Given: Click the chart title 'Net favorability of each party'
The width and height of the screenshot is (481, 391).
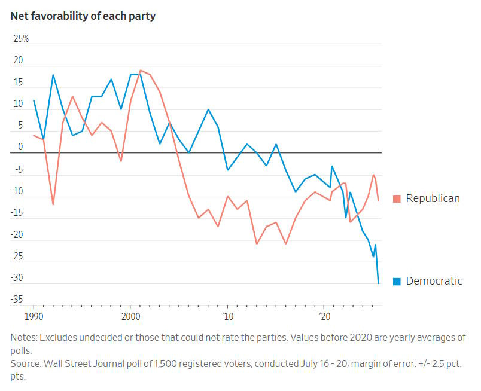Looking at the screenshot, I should coord(83,16).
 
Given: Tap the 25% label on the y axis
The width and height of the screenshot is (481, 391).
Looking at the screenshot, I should coord(22,39).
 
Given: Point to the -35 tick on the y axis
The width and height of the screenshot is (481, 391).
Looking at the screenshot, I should coord(18,300).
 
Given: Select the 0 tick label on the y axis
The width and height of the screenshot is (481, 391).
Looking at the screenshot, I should coord(20,147).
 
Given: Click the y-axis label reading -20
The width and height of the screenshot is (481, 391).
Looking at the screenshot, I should coord(18,234).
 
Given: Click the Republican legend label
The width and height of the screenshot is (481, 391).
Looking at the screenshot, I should coord(433,198).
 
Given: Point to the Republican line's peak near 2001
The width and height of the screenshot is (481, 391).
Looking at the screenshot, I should coord(140,71).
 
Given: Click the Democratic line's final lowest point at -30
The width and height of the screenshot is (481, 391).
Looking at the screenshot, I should coord(378,283).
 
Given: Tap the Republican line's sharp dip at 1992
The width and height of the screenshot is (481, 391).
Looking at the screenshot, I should coord(53,204).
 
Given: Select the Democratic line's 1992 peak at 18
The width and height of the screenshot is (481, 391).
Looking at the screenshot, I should coord(53,75).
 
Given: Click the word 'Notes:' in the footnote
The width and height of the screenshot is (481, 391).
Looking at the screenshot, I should coord(25,338).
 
